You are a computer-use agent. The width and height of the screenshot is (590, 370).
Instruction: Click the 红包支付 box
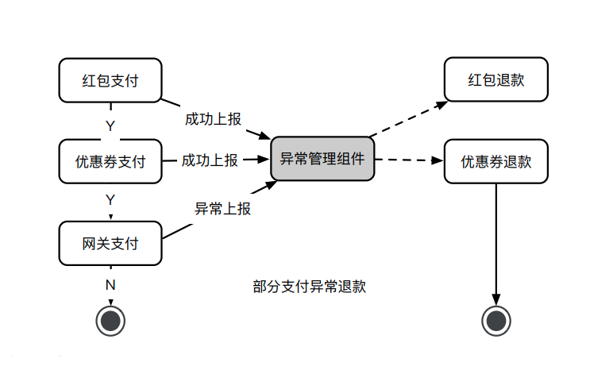click(x=110, y=79)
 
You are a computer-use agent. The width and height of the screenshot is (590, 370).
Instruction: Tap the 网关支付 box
click(x=110, y=243)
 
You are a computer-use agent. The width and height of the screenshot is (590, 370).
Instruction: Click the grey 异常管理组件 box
click(x=322, y=158)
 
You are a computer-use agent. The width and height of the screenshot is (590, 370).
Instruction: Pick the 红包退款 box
click(x=496, y=79)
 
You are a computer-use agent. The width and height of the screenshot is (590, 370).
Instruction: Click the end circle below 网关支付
click(x=110, y=320)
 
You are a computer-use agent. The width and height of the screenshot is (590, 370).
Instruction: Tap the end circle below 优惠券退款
click(x=496, y=320)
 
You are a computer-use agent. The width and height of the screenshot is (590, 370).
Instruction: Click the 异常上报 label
click(x=223, y=209)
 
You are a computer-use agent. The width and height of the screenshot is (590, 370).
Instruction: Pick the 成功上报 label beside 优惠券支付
click(x=209, y=160)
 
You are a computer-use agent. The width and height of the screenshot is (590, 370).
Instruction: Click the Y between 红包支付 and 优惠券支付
click(x=110, y=125)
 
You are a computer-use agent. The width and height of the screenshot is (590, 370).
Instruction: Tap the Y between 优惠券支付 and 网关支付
click(x=110, y=199)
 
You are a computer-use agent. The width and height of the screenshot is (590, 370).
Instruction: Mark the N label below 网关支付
click(x=110, y=283)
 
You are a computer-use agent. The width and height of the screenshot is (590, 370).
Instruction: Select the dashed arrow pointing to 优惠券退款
click(x=409, y=160)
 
